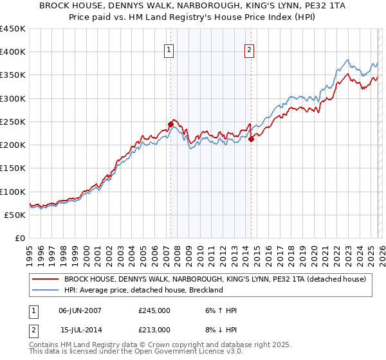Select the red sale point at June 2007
coord(170,124)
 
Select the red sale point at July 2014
coord(251,139)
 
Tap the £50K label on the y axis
coord(15,215)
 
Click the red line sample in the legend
coord(45,280)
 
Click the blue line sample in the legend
coord(45,291)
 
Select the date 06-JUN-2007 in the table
coord(82,310)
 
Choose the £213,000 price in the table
coord(154,330)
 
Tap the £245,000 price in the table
coord(154,310)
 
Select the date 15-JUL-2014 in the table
coord(82,330)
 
